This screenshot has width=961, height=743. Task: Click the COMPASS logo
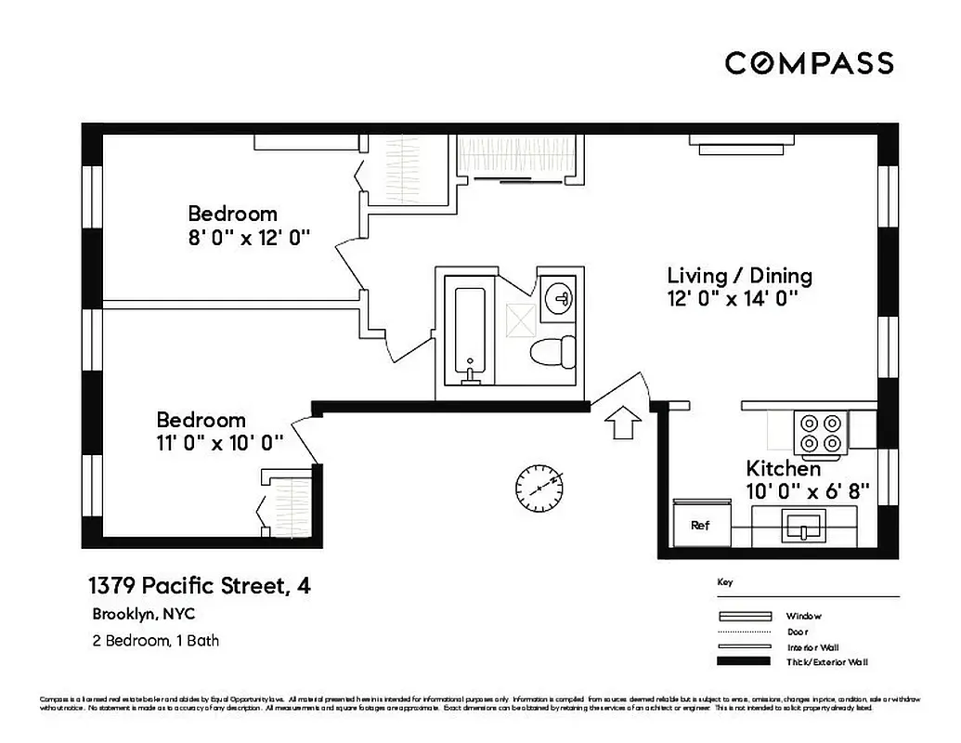point(809,63)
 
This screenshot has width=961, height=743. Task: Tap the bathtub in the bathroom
point(470,330)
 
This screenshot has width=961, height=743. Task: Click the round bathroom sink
point(560,298)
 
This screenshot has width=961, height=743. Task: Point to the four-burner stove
point(822,432)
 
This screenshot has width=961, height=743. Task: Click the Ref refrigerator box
point(701,525)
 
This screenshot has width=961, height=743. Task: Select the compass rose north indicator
point(540,488)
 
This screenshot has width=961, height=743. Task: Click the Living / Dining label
point(740,276)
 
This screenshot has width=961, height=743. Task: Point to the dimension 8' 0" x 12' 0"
point(248,238)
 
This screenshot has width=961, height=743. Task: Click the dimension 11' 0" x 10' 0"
point(219,443)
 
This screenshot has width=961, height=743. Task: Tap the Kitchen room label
point(784,469)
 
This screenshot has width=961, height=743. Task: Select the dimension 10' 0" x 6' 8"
point(807,492)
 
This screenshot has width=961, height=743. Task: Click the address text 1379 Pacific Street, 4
point(199,586)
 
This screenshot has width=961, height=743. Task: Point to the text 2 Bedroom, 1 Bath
point(155,640)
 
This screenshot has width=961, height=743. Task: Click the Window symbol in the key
point(745,616)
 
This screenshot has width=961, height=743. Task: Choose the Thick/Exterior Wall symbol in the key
point(745,661)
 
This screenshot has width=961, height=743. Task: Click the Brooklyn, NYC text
point(143,614)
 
